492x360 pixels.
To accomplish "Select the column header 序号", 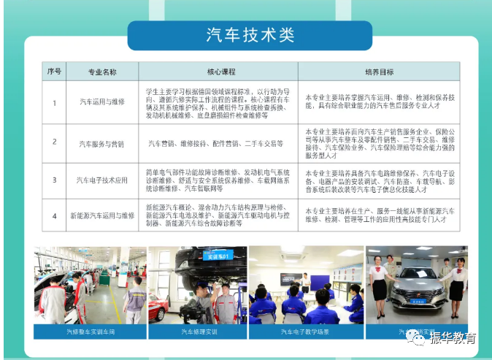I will tap(54, 72).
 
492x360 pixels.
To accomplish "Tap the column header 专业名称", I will tap(101, 72).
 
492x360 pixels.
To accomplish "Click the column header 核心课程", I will tap(221, 72).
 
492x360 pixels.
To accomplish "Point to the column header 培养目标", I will tap(379, 72).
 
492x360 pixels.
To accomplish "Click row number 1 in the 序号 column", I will tap(54, 102).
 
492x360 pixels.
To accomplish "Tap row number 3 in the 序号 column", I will tap(54, 180).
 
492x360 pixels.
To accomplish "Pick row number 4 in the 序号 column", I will tap(54, 216).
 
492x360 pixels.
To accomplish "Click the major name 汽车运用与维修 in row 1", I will tap(101, 102).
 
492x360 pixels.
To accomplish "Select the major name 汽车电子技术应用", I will tap(101, 180).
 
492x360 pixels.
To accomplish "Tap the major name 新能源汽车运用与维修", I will tap(101, 216).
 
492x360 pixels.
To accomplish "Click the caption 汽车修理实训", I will tap(197, 332).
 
